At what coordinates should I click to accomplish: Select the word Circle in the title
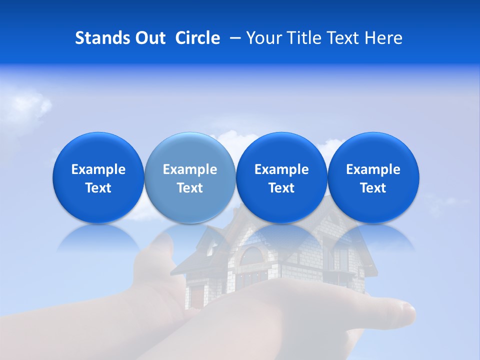(197, 38)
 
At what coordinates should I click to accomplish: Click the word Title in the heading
(302, 38)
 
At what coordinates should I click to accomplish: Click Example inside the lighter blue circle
(190, 169)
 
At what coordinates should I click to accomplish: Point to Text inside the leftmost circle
(98, 188)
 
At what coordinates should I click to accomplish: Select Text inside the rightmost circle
(373, 188)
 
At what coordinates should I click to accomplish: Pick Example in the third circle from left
(281, 169)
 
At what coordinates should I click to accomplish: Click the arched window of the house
(252, 255)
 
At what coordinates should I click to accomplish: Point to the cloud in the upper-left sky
(30, 105)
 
